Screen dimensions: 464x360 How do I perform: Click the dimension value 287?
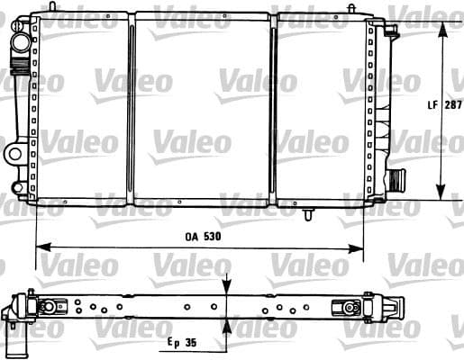click(x=453, y=104)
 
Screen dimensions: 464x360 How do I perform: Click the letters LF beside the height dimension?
click(x=432, y=104)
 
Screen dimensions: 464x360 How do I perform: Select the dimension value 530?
click(x=212, y=237)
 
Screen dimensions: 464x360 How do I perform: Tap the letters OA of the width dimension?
click(x=192, y=237)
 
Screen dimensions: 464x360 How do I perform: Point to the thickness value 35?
click(x=191, y=342)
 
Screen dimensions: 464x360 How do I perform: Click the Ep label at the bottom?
click(x=173, y=343)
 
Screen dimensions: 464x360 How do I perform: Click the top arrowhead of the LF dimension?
click(x=441, y=30)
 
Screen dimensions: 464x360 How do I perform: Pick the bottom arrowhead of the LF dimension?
click(x=441, y=192)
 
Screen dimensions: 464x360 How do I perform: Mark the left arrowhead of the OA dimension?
click(x=43, y=247)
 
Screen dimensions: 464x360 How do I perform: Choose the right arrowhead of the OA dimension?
click(x=356, y=248)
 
